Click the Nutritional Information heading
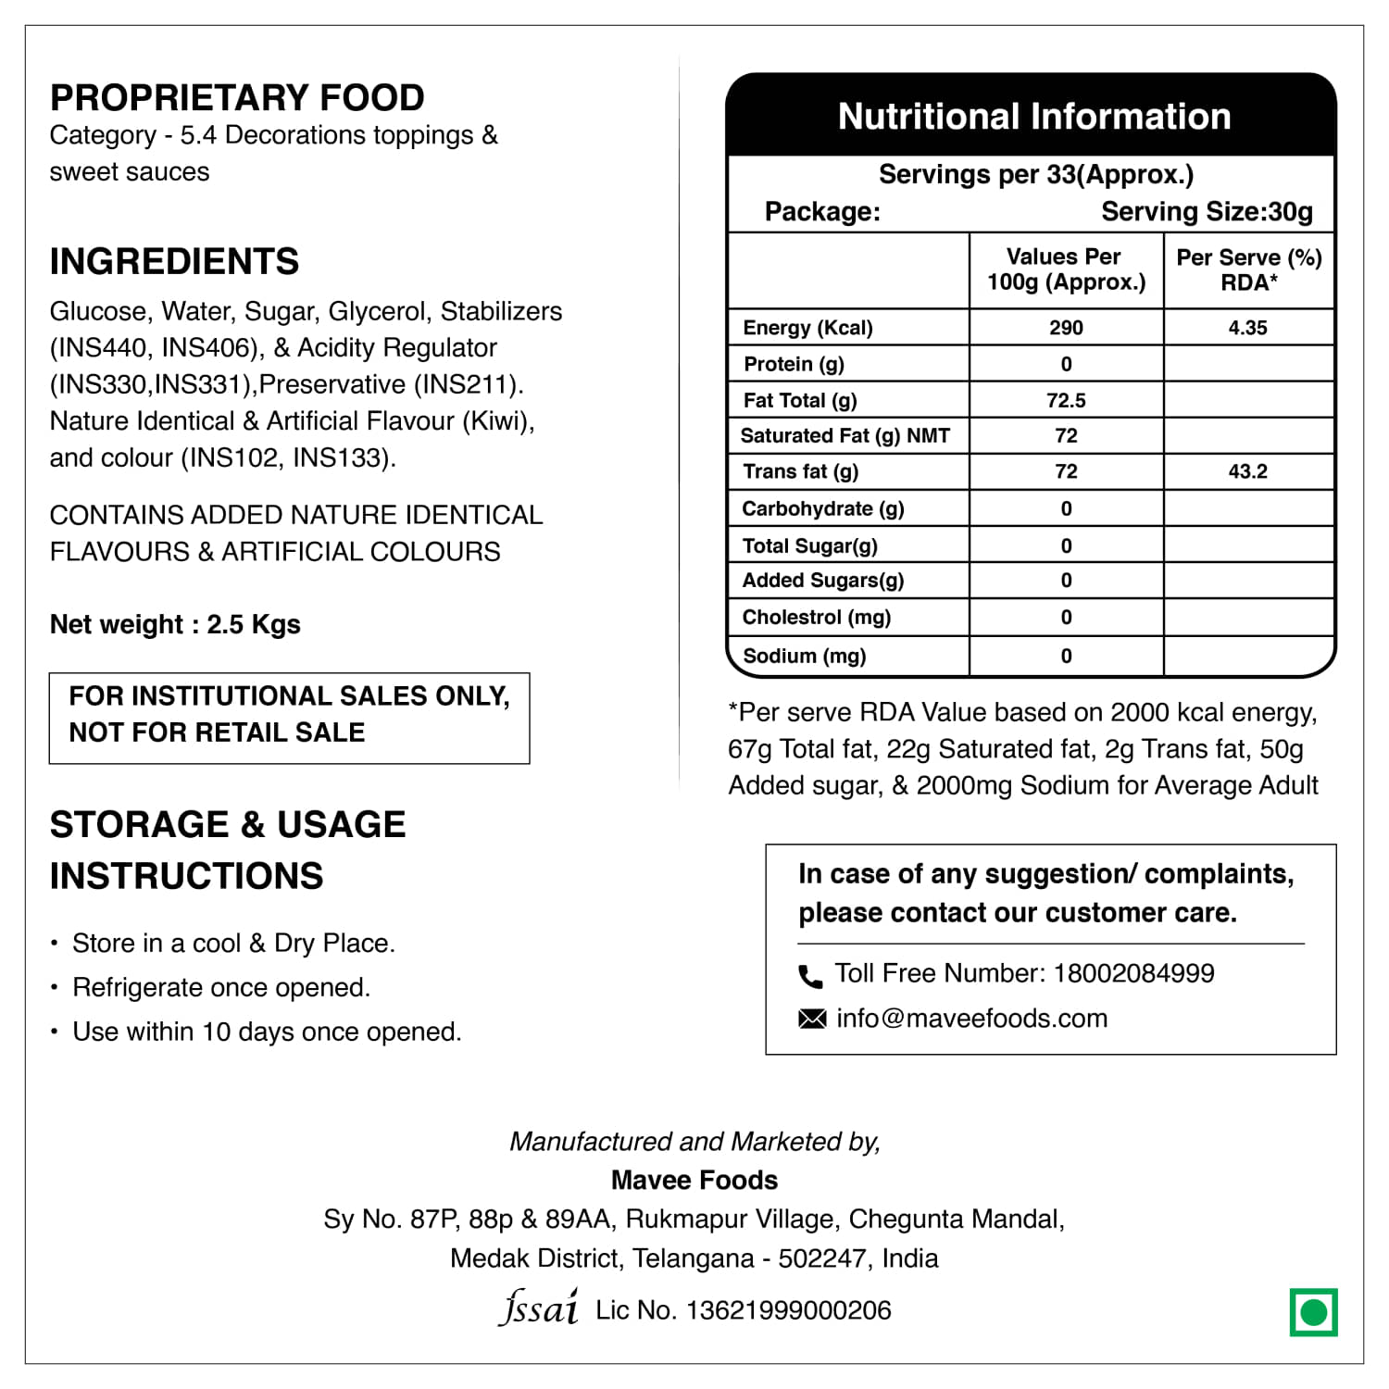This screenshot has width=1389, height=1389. tap(1033, 117)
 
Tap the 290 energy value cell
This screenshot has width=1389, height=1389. tap(1066, 328)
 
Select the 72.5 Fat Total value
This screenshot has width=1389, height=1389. tap(1066, 400)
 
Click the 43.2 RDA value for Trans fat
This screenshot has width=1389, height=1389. tap(1247, 471)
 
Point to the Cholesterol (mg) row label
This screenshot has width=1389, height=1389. tap(816, 617)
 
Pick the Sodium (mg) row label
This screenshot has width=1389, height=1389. tap(804, 656)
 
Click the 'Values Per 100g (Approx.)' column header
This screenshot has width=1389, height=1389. tap(1066, 269)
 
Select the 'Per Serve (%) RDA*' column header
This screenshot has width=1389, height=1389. tap(1248, 269)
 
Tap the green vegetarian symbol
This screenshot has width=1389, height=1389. tap(1313, 1312)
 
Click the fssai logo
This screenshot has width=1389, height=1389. tap(538, 1308)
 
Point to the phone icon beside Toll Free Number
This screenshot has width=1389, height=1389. tap(810, 975)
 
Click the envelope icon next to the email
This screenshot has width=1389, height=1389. tap(811, 1019)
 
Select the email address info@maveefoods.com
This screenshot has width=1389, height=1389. tap(971, 1019)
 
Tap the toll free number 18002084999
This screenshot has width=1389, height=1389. tap(1133, 973)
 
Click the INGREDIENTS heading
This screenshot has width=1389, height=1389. tap(174, 261)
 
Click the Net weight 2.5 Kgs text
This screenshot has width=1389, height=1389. tap(175, 624)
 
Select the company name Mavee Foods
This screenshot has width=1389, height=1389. tap(694, 1180)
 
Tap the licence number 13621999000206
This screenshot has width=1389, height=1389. tap(788, 1310)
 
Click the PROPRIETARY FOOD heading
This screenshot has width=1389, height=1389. tap(237, 97)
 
